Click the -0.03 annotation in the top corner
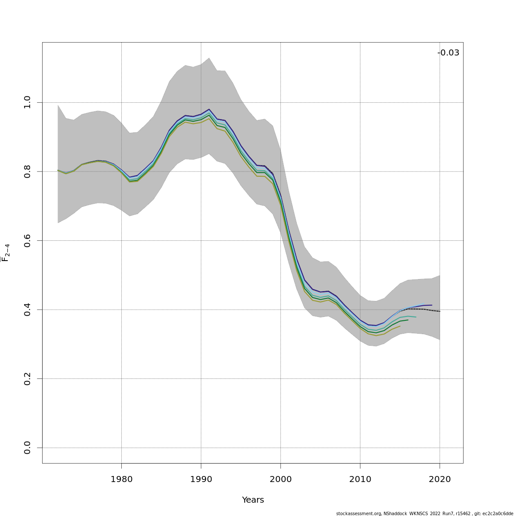[448, 53]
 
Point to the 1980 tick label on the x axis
[121, 479]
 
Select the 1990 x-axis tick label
[201, 479]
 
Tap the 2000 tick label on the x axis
[280, 479]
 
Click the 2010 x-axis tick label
[360, 479]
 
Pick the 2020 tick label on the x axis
[439, 479]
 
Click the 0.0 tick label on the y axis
[27, 448]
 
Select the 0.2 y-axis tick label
[27, 379]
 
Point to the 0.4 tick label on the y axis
[27, 310]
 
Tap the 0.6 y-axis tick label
[27, 240]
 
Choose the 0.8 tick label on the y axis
[27, 172]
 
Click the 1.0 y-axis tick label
[27, 102]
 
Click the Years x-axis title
[253, 500]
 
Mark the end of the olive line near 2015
[400, 326]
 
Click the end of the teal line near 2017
[416, 317]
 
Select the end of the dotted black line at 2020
[439, 311]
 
